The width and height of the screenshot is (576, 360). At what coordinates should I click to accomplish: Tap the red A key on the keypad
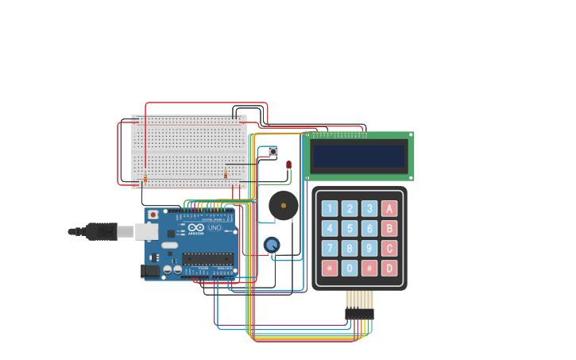click(389, 208)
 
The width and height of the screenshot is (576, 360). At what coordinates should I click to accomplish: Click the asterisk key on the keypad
click(329, 268)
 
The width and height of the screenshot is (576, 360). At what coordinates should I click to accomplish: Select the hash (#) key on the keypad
click(369, 268)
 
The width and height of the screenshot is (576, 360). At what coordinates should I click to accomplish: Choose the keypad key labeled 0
click(350, 268)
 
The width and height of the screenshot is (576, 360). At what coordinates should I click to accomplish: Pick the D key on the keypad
click(389, 268)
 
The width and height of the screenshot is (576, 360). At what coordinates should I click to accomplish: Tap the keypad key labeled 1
click(329, 208)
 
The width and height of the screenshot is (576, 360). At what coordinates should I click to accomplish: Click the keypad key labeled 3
click(369, 208)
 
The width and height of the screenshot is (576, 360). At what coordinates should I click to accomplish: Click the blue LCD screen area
click(359, 156)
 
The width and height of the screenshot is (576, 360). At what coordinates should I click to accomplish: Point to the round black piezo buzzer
click(284, 205)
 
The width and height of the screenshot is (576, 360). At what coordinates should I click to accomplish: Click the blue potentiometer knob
click(272, 245)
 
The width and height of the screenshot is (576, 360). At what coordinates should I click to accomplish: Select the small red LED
click(288, 165)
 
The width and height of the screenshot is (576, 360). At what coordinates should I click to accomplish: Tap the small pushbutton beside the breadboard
click(273, 151)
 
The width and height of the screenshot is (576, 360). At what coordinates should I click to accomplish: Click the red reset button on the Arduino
click(153, 215)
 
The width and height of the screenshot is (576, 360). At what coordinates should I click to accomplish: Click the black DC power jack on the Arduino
click(150, 270)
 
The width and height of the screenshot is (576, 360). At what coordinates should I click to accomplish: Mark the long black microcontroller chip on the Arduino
click(208, 257)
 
